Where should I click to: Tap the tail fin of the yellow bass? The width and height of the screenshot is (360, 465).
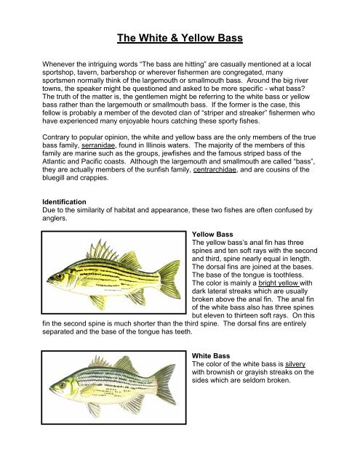[169, 279]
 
